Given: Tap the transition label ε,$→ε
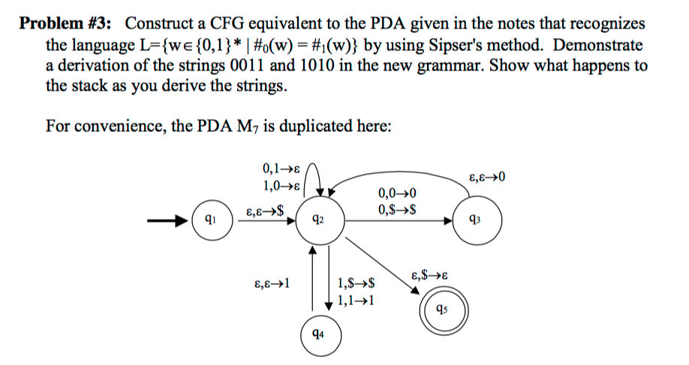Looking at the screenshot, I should point(432,276).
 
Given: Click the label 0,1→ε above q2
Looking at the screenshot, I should point(278,168).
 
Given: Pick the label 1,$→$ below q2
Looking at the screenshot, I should point(357,284).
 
